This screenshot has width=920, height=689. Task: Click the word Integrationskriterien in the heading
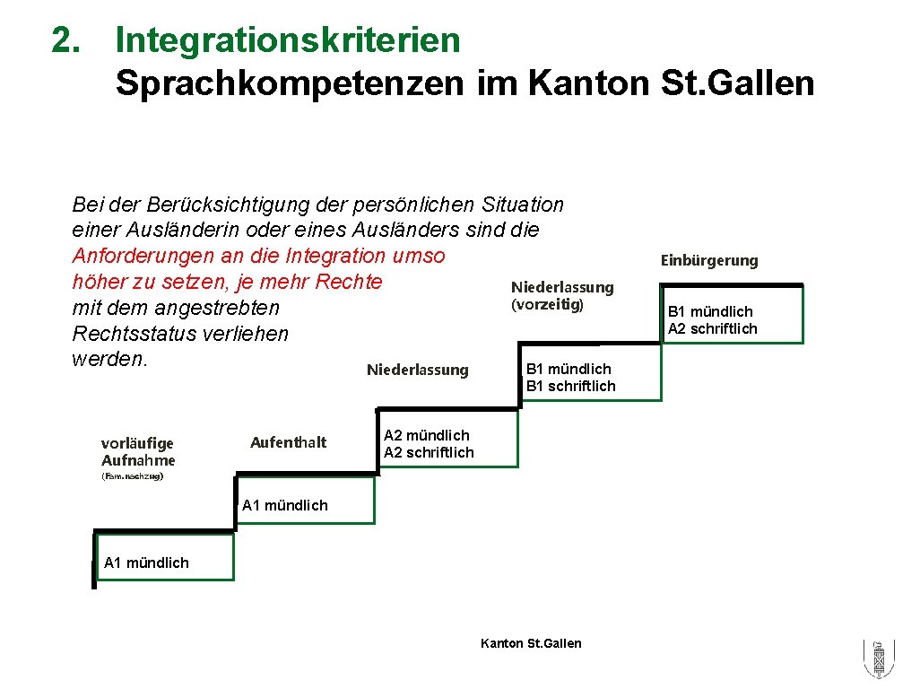click(287, 40)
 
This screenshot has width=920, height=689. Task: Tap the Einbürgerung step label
click(709, 261)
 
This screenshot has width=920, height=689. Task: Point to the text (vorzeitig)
click(547, 305)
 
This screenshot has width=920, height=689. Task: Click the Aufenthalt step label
click(288, 442)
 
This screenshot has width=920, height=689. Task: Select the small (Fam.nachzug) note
click(132, 477)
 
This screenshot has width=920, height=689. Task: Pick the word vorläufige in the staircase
click(137, 443)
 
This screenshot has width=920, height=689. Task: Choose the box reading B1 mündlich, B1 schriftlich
click(590, 378)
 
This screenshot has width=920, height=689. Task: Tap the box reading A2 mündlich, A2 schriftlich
click(447, 444)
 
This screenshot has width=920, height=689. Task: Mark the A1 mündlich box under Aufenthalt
click(304, 505)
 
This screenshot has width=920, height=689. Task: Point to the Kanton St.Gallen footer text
click(531, 643)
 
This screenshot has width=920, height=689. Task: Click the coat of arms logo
click(878, 660)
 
